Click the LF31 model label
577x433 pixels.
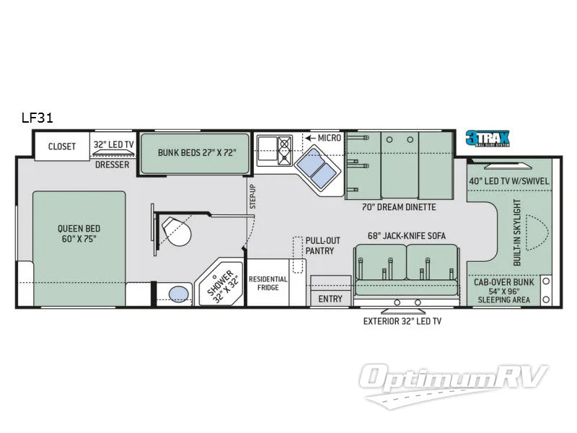coord(38,117)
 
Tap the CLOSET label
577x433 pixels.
coord(62,146)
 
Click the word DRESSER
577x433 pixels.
coord(112,165)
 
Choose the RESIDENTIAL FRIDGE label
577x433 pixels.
coord(268,284)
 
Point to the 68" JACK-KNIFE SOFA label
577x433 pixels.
coord(405,236)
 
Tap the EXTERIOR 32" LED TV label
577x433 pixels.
coord(402,320)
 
